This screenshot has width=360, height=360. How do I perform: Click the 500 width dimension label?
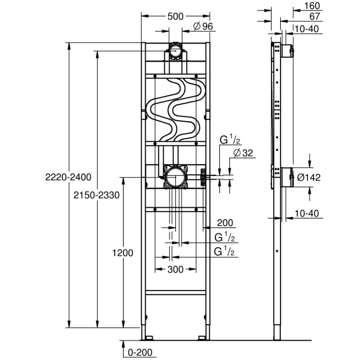(176, 16)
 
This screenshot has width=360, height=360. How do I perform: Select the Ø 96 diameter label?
(203, 26)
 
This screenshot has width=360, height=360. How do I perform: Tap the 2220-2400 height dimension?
(68, 177)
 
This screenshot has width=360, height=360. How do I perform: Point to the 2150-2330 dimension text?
(97, 195)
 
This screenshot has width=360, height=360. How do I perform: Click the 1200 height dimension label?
(123, 253)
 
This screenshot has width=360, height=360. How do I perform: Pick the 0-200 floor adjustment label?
(140, 352)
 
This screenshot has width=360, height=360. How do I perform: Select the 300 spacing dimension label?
(176, 269)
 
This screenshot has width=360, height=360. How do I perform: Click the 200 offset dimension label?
(225, 222)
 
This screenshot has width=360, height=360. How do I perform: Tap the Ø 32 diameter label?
(243, 153)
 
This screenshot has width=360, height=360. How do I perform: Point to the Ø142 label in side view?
(309, 177)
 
